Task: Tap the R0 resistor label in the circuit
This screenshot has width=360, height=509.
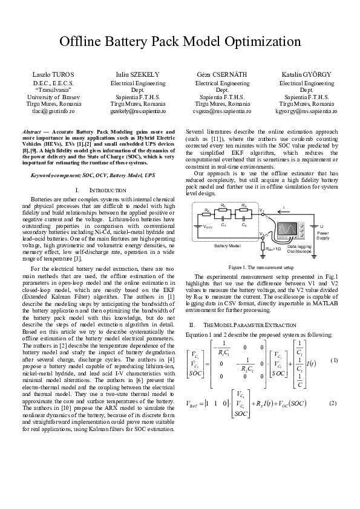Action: pyautogui.click(x=206, y=210)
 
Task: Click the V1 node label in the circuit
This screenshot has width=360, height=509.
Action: pyautogui.click(x=261, y=210)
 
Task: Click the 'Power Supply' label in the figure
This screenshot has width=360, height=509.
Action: pyautogui.click(x=322, y=236)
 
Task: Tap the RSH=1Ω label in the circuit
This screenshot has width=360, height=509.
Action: pyautogui.click(x=273, y=248)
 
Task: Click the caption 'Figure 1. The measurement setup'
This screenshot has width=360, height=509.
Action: pyautogui.click(x=260, y=267)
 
